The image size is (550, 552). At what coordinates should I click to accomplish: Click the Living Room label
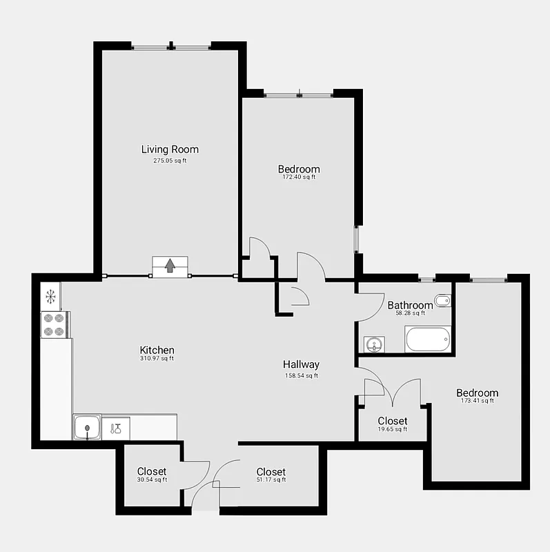click(170, 149)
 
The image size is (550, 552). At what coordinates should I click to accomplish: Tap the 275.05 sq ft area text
click(170, 161)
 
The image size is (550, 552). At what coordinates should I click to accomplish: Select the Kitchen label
click(157, 350)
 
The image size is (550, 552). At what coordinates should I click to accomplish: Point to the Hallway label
click(301, 364)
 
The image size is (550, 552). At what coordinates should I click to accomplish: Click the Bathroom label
click(410, 305)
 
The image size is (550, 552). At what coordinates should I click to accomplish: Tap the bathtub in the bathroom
click(428, 340)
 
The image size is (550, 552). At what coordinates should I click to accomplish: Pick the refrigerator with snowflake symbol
click(50, 297)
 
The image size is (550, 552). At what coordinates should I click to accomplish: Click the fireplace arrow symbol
click(170, 265)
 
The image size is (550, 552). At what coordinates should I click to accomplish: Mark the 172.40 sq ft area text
click(299, 177)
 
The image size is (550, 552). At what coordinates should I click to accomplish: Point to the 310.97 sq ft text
click(157, 358)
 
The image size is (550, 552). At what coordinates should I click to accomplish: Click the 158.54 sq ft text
click(301, 376)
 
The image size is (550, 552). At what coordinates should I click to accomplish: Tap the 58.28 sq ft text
click(410, 313)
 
